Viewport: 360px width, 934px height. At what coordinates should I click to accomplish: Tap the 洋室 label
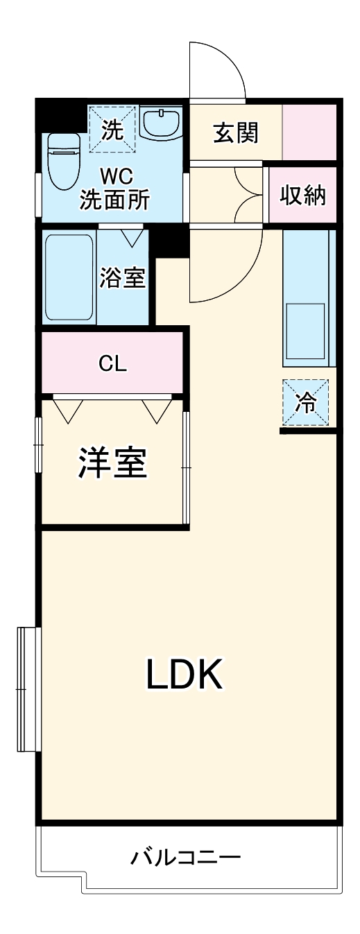coord(113,463)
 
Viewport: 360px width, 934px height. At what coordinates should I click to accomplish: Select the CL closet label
coord(112,363)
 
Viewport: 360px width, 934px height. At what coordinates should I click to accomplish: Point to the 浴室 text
coord(123,278)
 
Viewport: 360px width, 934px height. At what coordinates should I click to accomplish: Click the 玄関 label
coord(236,132)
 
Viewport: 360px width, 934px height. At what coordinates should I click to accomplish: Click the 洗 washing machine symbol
coord(113,129)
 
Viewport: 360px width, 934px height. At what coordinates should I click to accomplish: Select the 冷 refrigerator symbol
coord(305,404)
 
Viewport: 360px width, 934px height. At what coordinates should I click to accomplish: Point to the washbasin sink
coord(161,123)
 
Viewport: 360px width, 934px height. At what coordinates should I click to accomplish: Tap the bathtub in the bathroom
coord(69,277)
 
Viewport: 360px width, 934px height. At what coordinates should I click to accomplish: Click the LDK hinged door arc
coord(224,267)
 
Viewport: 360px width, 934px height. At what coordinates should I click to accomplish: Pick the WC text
coord(115,173)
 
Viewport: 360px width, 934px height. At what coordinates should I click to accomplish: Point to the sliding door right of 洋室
coord(185,468)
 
